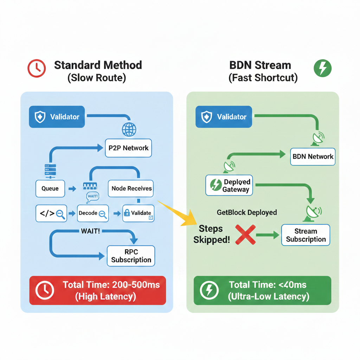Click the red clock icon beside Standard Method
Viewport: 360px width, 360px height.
(x=36, y=68)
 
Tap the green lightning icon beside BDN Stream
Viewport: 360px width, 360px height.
(x=322, y=68)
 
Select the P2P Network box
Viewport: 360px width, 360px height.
(x=128, y=148)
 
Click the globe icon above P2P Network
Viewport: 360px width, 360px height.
(x=129, y=129)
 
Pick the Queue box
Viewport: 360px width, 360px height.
(x=50, y=188)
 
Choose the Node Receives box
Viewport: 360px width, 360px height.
(x=131, y=188)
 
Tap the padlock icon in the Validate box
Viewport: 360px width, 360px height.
(x=127, y=213)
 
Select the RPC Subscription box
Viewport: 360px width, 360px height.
(x=131, y=256)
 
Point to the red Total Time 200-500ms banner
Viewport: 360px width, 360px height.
(x=97, y=290)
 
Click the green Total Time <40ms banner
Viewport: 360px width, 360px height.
(x=262, y=290)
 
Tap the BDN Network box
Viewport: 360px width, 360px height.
(x=313, y=156)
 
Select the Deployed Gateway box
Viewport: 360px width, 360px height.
(x=229, y=185)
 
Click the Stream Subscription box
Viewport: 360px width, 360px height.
(x=306, y=235)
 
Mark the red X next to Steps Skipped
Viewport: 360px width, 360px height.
(x=245, y=234)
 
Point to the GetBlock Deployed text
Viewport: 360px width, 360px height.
(x=247, y=212)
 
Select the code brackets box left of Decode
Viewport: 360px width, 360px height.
(x=52, y=213)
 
